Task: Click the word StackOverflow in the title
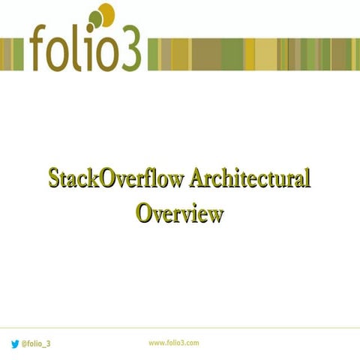tap(115, 180)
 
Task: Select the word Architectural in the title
tap(250, 180)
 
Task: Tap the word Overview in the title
tap(180, 213)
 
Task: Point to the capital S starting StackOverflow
tap(54, 180)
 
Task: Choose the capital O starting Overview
tap(145, 213)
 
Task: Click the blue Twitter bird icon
tap(14, 343)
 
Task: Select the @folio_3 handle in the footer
tap(36, 343)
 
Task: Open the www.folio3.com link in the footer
tap(173, 343)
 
